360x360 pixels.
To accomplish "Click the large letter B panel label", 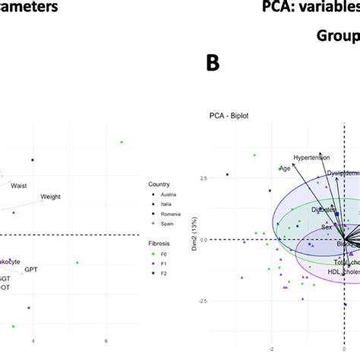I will coord(214,64).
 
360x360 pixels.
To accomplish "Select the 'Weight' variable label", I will coord(51,197).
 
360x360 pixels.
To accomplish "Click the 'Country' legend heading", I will coord(160,183).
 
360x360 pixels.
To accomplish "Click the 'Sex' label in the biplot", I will coord(326,227).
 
